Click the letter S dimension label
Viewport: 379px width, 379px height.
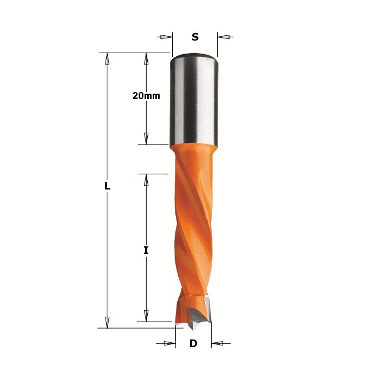[x=195, y=37]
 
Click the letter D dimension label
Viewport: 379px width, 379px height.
[x=193, y=343]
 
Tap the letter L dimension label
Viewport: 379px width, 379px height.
[x=107, y=186]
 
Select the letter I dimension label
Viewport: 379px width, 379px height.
[x=146, y=250]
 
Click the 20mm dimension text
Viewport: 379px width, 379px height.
[x=146, y=96]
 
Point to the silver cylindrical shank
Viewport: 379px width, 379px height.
[x=194, y=100]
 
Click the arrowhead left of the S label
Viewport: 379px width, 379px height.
[x=166, y=37]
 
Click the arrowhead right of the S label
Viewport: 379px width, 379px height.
[x=223, y=37]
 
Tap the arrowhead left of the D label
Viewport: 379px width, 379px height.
[x=169, y=343]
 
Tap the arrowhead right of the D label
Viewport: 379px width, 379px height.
[x=217, y=343]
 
